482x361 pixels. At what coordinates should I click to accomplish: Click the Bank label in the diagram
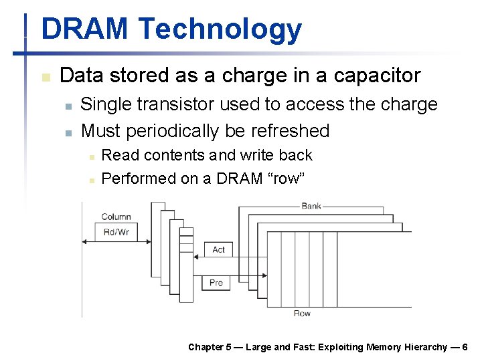coord(311,206)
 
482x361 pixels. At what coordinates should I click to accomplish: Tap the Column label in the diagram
coord(116,217)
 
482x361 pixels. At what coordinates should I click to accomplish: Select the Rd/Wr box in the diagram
coord(116,232)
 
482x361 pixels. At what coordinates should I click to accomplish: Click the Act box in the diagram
coord(218,249)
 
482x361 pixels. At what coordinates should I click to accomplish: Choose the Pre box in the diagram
coord(216,283)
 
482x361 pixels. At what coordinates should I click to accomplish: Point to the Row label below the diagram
coord(302,314)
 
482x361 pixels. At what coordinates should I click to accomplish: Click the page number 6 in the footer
coord(465,347)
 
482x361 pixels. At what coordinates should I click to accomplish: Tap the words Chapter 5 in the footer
coord(210,347)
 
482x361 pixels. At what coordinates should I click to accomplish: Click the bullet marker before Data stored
coord(45,77)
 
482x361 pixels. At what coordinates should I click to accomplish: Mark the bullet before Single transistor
coord(68,106)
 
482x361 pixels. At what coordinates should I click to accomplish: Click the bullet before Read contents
coord(89,156)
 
